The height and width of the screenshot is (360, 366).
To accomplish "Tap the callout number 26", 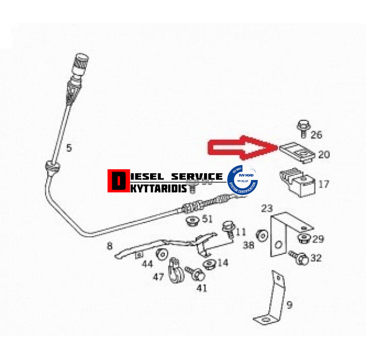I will click(x=317, y=135).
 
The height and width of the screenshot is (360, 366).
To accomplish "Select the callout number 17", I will click(x=323, y=184).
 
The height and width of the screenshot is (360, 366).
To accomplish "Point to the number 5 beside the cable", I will click(x=69, y=149).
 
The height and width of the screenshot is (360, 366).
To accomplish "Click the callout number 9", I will click(x=289, y=305).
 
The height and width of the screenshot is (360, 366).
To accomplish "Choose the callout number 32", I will click(x=316, y=258).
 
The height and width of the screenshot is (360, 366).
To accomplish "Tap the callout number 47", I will click(x=158, y=277).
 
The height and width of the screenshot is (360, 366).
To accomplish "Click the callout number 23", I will click(x=267, y=208).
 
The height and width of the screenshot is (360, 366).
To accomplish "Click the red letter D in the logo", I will click(x=118, y=181).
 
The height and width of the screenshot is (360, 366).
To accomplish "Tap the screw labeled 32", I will click(x=300, y=257).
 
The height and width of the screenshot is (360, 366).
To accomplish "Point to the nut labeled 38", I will click(x=263, y=235).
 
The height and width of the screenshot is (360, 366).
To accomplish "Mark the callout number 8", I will click(x=110, y=247).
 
